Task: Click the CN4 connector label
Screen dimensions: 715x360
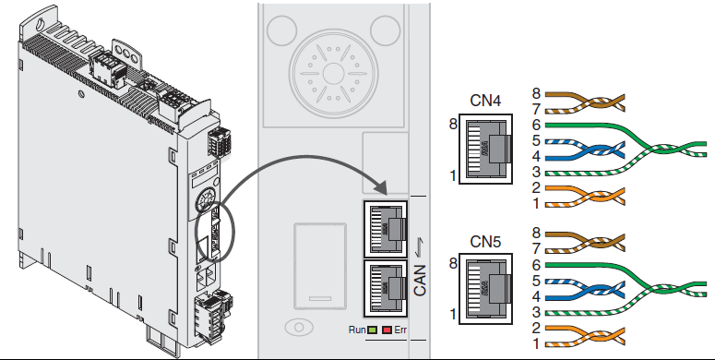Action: (x=485, y=101)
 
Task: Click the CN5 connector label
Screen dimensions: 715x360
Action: (x=485, y=242)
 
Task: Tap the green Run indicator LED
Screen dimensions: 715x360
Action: (x=372, y=330)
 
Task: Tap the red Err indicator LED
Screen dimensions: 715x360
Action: (x=387, y=330)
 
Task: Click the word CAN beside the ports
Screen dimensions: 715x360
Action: (x=420, y=280)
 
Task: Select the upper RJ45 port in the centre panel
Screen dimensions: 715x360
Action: (x=386, y=229)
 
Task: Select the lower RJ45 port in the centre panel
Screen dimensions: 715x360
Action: (x=386, y=287)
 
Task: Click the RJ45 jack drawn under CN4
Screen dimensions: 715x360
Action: (x=485, y=150)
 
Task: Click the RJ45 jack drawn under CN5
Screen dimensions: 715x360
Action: (x=485, y=289)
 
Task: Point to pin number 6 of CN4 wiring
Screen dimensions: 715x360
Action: (x=536, y=125)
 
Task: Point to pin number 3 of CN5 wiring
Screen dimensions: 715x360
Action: (x=536, y=313)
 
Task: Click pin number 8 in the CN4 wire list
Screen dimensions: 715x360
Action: (x=536, y=93)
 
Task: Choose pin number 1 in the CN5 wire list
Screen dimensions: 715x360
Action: (x=536, y=343)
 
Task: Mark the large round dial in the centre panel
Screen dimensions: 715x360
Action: (x=334, y=73)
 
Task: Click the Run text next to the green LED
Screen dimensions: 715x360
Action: (x=357, y=330)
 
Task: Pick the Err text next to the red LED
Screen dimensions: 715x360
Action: (x=400, y=330)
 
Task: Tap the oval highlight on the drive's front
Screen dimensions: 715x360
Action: (x=215, y=232)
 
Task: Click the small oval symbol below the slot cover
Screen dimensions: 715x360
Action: (x=299, y=327)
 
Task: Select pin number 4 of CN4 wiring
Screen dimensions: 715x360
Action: (x=536, y=157)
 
